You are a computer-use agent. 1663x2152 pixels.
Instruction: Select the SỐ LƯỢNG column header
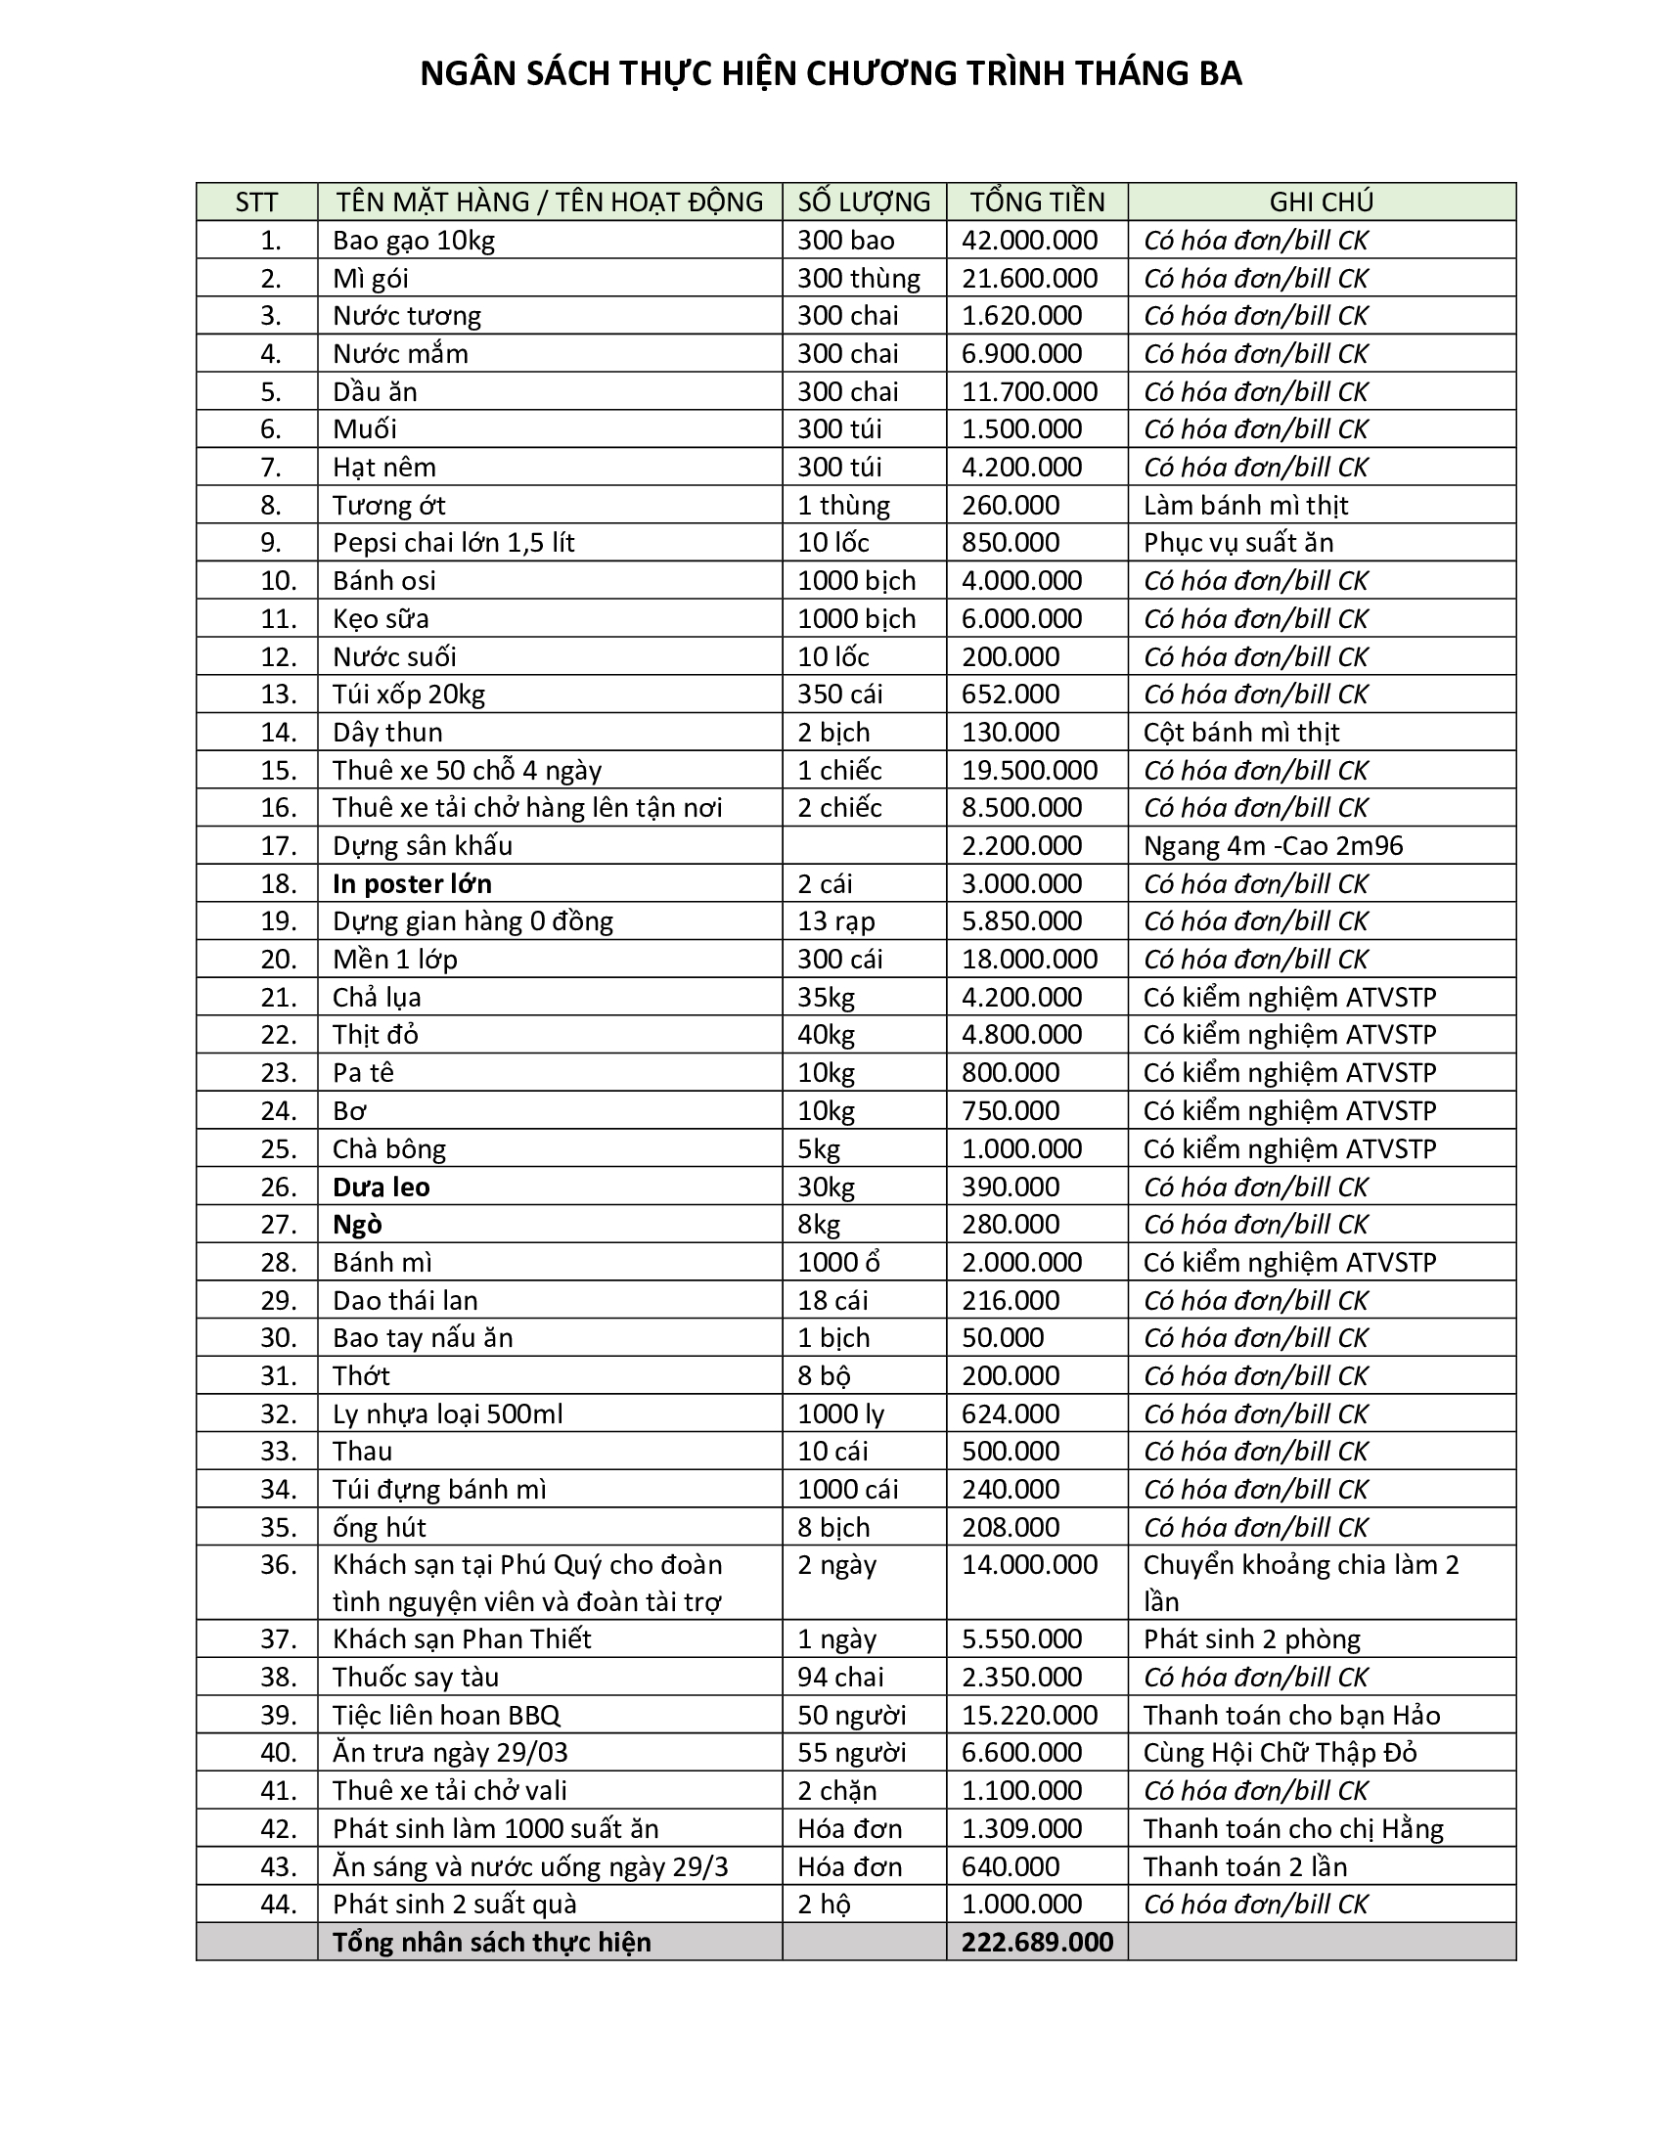click(x=864, y=202)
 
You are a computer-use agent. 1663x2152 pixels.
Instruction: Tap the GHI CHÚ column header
click(x=1322, y=202)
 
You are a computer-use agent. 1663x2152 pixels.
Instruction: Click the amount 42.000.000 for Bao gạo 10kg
click(x=1029, y=241)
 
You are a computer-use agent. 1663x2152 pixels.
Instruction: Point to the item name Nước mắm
click(x=400, y=354)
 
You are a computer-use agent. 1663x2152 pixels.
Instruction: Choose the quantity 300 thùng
click(x=858, y=279)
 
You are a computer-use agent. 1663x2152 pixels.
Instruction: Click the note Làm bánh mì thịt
click(x=1245, y=506)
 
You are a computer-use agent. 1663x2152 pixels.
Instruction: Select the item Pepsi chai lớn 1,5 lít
click(x=453, y=543)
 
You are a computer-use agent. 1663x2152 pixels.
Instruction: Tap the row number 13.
click(x=278, y=695)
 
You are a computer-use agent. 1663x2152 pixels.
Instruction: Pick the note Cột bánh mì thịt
click(x=1241, y=732)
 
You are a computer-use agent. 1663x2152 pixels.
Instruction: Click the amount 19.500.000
click(x=1029, y=771)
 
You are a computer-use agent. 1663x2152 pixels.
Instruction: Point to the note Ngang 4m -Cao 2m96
click(x=1273, y=846)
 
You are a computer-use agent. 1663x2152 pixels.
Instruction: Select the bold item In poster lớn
click(x=412, y=884)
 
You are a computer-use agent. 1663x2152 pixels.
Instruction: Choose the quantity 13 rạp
click(x=836, y=921)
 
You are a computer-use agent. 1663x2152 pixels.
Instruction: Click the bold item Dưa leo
click(x=382, y=1188)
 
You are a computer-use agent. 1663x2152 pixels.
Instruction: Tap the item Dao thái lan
click(x=405, y=1301)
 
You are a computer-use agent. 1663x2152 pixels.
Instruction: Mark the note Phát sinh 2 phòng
click(x=1251, y=1638)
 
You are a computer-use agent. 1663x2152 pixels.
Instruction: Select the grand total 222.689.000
click(x=1037, y=1942)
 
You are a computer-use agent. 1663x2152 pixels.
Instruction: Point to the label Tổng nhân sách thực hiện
click(x=492, y=1942)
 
